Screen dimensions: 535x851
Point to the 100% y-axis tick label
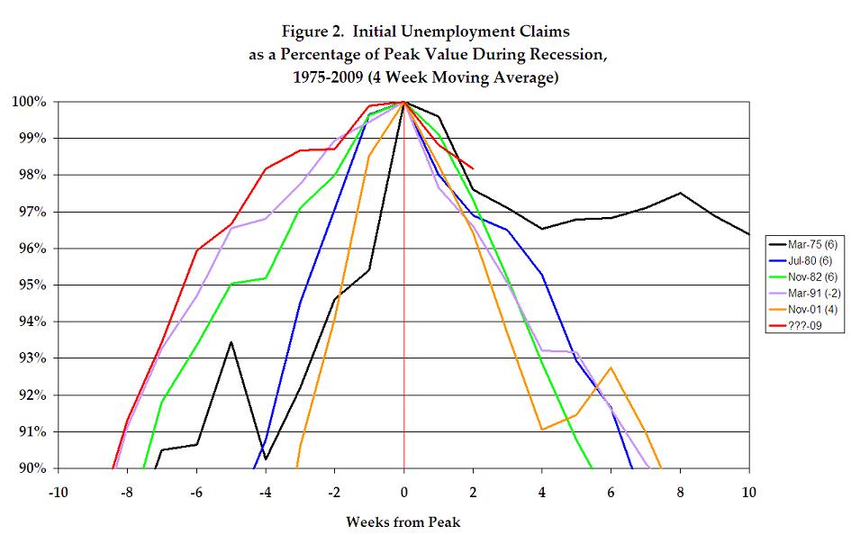(29, 101)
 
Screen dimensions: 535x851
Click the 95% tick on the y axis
(32, 285)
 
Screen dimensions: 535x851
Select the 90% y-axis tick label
(32, 468)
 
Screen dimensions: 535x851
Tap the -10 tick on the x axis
(59, 492)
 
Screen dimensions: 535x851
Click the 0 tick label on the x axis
(403, 492)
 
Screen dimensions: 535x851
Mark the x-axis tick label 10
(747, 492)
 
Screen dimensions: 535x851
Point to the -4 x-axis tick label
(266, 492)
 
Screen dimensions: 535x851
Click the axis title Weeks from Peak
(403, 521)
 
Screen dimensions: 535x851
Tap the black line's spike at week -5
(231, 342)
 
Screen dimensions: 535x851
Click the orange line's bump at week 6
(611, 367)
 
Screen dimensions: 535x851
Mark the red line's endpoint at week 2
(473, 168)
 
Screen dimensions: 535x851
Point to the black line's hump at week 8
(680, 193)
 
